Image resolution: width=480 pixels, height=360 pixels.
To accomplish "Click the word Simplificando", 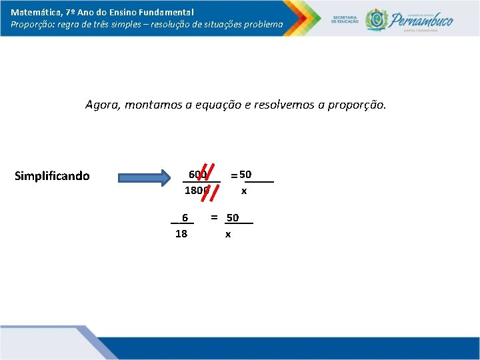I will pos(52,177).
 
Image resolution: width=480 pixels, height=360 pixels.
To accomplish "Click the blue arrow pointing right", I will pos(144,177).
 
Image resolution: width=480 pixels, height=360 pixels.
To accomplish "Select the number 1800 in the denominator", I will pos(197,191).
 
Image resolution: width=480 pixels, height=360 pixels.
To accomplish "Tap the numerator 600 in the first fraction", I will pos(198,175).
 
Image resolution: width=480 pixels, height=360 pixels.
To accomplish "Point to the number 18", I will pos(181,234).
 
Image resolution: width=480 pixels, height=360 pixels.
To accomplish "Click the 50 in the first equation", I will pos(245,175).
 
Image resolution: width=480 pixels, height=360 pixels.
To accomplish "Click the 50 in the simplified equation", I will pos(232,218).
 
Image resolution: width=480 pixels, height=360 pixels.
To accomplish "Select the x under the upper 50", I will pos(244,191).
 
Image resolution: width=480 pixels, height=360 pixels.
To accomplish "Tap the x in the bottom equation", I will pos(228,234).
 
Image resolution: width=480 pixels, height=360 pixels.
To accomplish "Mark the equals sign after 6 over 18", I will pos(214,217).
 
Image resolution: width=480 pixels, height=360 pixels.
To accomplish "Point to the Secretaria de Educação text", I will pos(345,19).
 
